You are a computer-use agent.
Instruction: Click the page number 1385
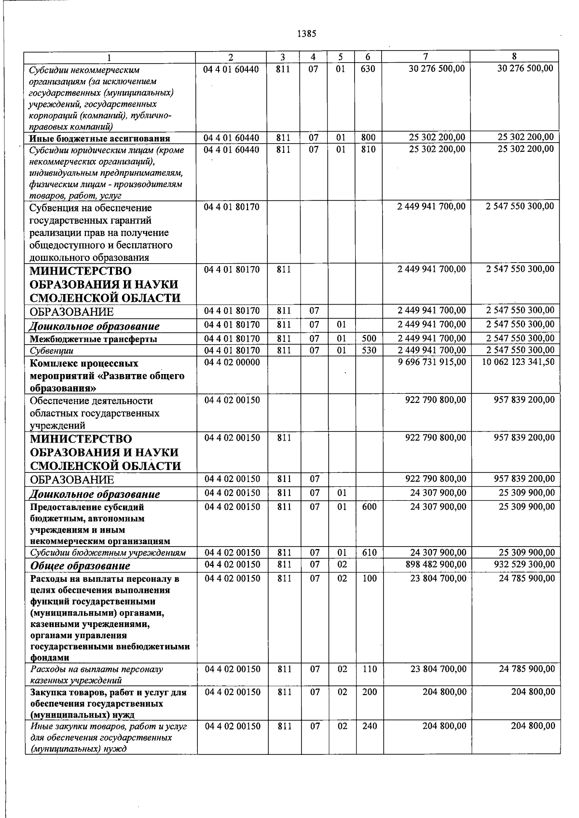tap(306, 34)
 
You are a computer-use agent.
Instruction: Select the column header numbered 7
tap(426, 57)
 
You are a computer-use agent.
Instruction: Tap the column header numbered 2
tap(231, 57)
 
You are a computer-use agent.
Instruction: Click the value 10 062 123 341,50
tap(518, 362)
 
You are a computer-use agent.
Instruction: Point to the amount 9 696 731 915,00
tap(432, 362)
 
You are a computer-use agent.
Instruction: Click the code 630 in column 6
tap(368, 69)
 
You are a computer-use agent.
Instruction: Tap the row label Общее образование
tap(80, 566)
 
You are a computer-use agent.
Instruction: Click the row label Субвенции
tap(52, 351)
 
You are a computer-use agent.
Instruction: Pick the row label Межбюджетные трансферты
tap(93, 339)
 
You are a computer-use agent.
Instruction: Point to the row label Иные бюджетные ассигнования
tap(99, 138)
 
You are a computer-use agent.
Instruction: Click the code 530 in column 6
tap(369, 350)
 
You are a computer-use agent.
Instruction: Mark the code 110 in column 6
tap(370, 669)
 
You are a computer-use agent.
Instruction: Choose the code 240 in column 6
tap(370, 726)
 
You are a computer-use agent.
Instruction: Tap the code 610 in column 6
tap(370, 553)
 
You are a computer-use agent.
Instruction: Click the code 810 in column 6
tap(368, 149)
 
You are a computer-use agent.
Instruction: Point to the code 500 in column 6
tap(369, 338)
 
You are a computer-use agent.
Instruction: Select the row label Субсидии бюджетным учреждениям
tap(108, 553)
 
